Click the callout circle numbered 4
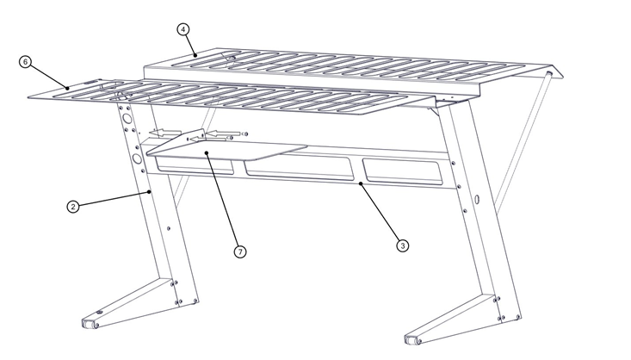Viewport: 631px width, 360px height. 183,28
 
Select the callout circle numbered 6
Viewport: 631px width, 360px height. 25,63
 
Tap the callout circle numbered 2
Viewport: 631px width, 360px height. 74,207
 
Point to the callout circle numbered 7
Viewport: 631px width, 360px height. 240,251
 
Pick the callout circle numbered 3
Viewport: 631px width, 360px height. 402,245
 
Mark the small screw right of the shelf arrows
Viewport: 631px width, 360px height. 245,133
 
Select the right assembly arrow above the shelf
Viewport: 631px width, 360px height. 222,133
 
